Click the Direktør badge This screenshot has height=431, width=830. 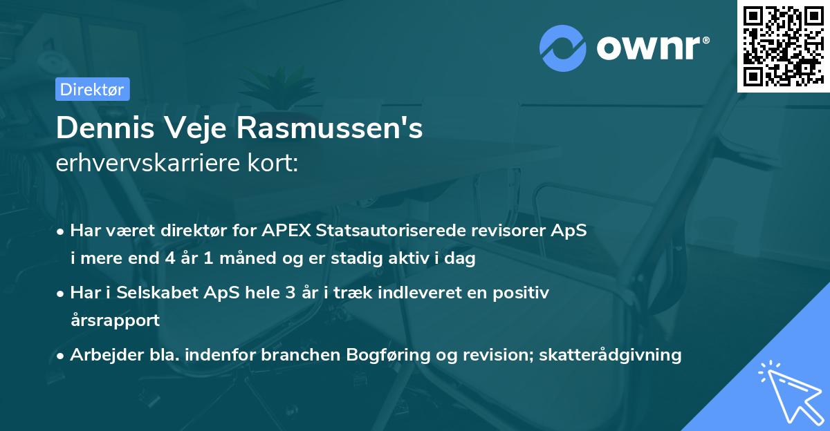(92, 89)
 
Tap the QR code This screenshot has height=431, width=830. (783, 46)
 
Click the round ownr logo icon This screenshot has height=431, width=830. (563, 48)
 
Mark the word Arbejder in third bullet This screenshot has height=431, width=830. (102, 355)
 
